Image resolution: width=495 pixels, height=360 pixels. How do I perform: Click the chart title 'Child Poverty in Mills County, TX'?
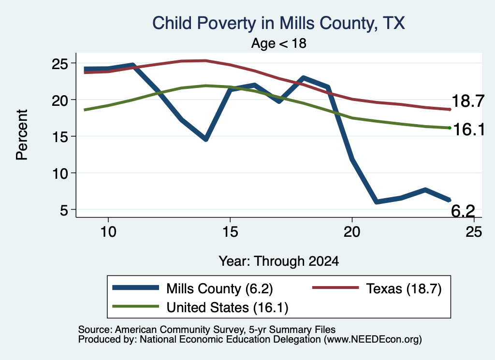pos(278,24)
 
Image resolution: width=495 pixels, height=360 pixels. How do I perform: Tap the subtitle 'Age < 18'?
pos(279,43)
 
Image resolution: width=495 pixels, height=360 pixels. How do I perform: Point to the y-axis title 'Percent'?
pos(22,135)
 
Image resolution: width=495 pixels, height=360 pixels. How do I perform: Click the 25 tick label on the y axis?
pos(60,64)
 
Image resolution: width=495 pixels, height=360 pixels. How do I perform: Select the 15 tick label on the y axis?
pos(60,137)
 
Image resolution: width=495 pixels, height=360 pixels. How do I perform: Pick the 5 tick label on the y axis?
pos(64,210)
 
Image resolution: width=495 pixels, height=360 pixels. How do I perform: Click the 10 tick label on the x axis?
pos(108,232)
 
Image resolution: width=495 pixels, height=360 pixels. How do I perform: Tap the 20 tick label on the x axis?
pos(352,232)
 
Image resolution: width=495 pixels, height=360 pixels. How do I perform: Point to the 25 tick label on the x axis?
pos(474,232)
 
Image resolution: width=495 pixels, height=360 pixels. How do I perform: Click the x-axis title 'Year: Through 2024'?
pos(279,261)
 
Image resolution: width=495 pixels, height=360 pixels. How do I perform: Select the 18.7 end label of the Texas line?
pos(468,101)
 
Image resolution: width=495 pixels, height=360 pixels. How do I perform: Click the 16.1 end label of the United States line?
pos(468,130)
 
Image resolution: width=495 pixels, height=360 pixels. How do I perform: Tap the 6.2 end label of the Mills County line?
pos(463,211)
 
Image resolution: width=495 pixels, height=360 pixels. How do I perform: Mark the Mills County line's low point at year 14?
pos(206,139)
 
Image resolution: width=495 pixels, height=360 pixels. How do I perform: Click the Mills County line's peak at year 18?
pos(304,78)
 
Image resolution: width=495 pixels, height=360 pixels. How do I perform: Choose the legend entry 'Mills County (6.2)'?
pos(192,288)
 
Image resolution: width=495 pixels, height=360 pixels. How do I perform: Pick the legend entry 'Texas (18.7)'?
pos(377,288)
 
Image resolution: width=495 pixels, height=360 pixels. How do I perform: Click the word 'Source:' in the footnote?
pos(95,330)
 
